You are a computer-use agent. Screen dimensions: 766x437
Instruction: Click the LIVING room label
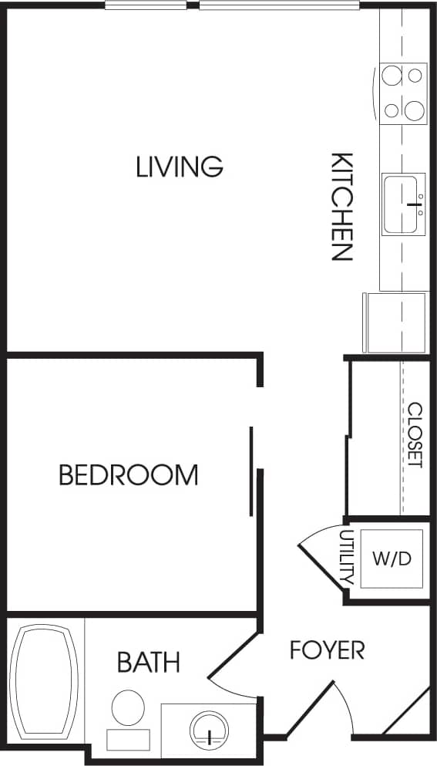coord(179,167)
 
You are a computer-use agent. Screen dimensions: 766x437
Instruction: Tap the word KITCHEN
coord(341,207)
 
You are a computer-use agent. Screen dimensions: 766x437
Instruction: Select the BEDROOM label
coord(128,474)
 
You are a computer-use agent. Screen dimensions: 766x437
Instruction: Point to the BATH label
coord(149,662)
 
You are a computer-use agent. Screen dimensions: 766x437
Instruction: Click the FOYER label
coord(327,650)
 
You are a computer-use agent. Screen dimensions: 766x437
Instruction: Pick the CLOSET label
coord(415,435)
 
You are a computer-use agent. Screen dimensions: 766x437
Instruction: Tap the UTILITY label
coord(345,555)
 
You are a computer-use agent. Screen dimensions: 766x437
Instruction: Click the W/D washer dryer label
coord(392,558)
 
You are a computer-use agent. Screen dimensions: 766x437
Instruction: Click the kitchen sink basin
coord(402,204)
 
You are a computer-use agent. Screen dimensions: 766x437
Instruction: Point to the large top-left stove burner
coord(392,76)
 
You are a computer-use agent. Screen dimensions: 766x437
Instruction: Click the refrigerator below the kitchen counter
coord(395,322)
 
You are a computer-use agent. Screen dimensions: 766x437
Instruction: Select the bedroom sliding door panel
coord(251,471)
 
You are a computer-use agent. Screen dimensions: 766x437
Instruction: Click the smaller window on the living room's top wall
coord(145,5)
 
